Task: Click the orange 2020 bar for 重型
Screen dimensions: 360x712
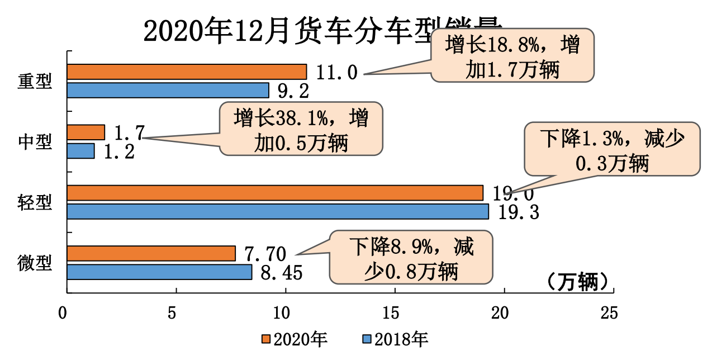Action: (187, 72)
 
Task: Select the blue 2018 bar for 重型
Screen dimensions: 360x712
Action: (168, 91)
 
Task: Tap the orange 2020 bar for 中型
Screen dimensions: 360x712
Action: (86, 132)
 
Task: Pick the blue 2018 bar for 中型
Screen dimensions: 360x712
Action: (81, 151)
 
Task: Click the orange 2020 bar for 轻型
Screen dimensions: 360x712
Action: (275, 193)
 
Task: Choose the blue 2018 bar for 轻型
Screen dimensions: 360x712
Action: (278, 211)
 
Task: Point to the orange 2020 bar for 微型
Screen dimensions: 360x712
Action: (151, 253)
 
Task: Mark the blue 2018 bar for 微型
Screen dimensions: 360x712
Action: (159, 272)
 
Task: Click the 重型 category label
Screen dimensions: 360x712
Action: (35, 82)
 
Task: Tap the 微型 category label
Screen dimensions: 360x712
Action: (35, 263)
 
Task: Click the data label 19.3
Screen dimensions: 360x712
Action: (515, 212)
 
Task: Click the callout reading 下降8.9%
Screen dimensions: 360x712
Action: (411, 258)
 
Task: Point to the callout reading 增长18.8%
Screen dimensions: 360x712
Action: (512, 55)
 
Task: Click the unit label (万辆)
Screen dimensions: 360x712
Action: (578, 281)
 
